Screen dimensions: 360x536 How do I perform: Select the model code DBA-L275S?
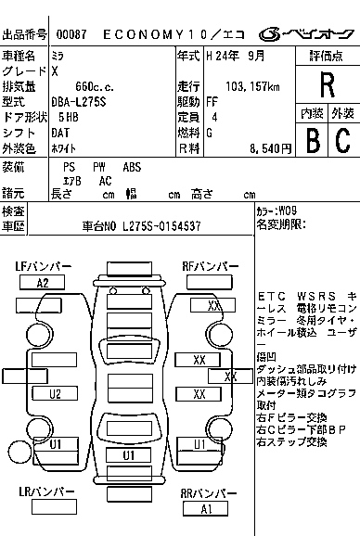[x=94, y=102]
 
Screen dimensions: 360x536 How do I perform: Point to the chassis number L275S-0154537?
[x=152, y=225]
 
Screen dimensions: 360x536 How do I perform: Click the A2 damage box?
[x=42, y=283]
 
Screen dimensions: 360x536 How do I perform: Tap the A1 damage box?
[x=206, y=509]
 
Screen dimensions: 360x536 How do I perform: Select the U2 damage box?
[x=55, y=394]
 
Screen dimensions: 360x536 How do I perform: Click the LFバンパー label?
[x=43, y=267]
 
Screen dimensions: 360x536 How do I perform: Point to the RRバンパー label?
[x=206, y=493]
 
